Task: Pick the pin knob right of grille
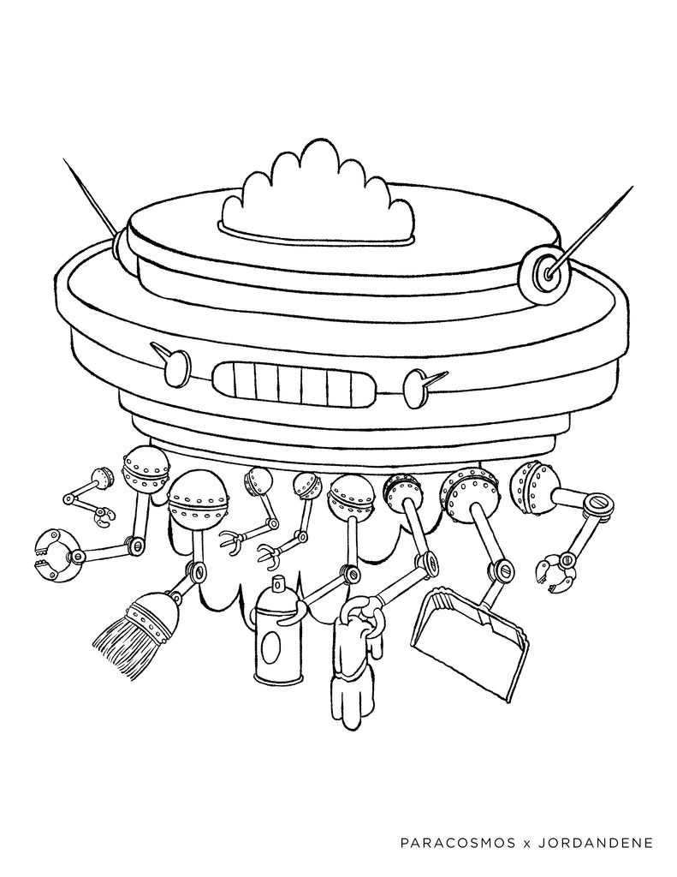(421, 382)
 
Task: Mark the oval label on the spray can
(276, 647)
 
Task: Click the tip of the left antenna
(63, 159)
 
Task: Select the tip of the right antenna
(632, 188)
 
